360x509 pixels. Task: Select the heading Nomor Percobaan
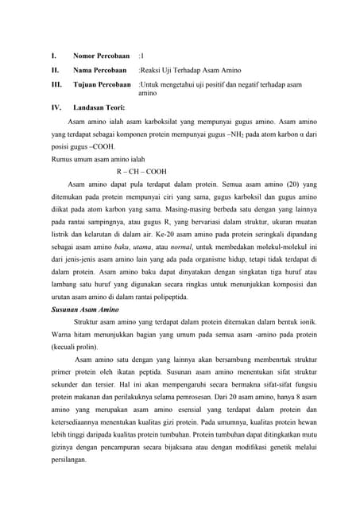click(101, 56)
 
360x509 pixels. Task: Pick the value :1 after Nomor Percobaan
click(141, 56)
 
